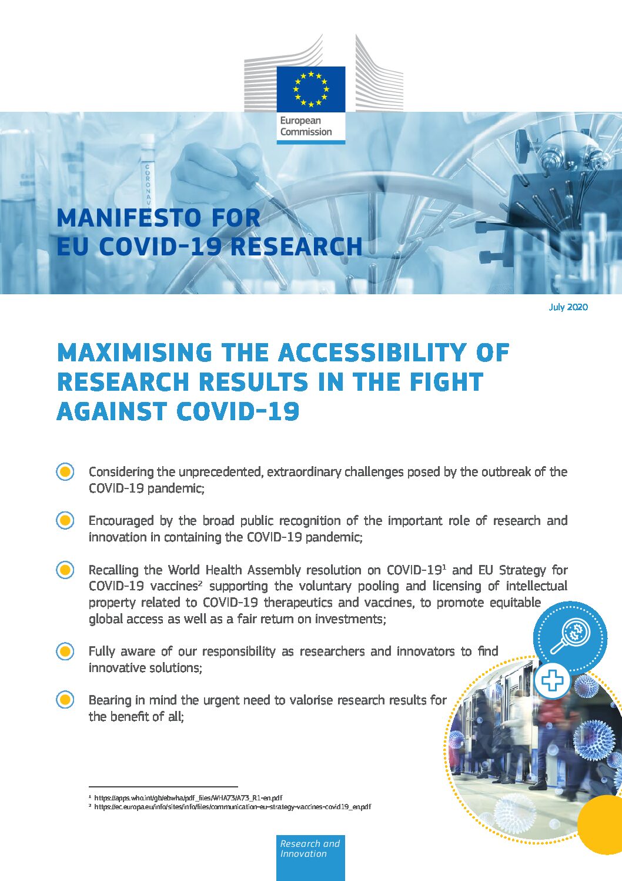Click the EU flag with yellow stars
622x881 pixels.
(x=311, y=89)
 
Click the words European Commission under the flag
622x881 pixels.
(x=306, y=127)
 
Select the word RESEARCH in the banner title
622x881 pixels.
(x=296, y=247)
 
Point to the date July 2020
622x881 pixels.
(x=568, y=307)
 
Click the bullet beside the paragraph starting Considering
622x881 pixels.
(x=65, y=472)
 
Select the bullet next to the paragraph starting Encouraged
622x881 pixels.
(x=65, y=521)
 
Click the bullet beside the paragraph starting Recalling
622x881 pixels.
(x=65, y=570)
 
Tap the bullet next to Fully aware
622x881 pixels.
(x=65, y=651)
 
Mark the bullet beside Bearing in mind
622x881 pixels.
(x=65, y=700)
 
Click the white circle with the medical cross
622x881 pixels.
(x=551, y=681)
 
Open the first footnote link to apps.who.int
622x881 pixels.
(x=188, y=798)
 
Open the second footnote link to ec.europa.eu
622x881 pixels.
(x=232, y=807)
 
